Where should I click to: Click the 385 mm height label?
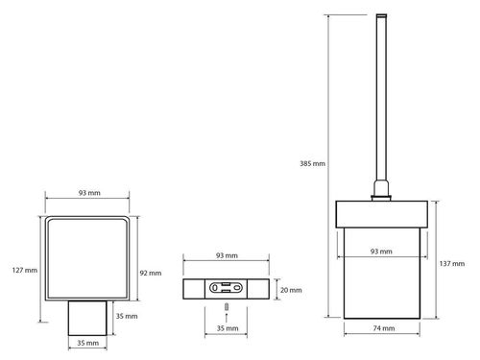coord(312,163)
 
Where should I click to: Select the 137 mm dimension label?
coord(452,264)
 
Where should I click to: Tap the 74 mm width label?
coord(384,328)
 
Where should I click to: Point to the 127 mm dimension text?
coord(25,270)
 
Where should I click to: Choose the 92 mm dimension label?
coord(151,273)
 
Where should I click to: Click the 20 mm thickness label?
coord(291,290)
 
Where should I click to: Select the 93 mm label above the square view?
coord(89,193)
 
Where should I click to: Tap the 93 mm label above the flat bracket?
coord(227,255)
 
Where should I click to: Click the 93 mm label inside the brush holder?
coord(381,252)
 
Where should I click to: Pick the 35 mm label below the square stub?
coord(87,343)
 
